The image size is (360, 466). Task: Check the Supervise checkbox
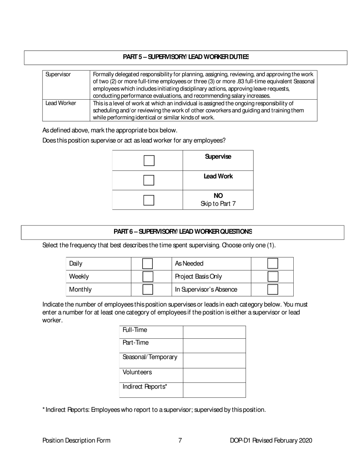pyautogui.click(x=149, y=161)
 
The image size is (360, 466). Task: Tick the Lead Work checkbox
pyautogui.click(x=149, y=180)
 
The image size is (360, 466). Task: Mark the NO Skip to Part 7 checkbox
pyautogui.click(x=149, y=200)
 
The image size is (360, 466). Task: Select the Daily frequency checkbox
pyautogui.click(x=147, y=264)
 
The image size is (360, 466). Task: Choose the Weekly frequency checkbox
pyautogui.click(x=147, y=277)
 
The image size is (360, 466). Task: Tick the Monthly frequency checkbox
pyautogui.click(x=147, y=289)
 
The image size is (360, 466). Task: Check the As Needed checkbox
pyautogui.click(x=272, y=264)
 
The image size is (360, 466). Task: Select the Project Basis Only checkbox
pyautogui.click(x=272, y=277)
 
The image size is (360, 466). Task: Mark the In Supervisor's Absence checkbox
pyautogui.click(x=272, y=289)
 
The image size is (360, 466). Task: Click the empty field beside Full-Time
pyautogui.click(x=214, y=332)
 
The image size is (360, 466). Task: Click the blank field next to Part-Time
pyautogui.click(x=214, y=346)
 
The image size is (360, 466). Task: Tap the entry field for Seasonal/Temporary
pyautogui.click(x=214, y=360)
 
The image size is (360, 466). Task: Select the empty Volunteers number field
pyautogui.click(x=214, y=375)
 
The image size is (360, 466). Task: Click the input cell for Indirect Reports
pyautogui.click(x=214, y=390)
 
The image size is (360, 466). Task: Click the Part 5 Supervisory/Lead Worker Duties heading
pyautogui.click(x=186, y=57)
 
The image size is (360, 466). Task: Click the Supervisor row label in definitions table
pyautogui.click(x=58, y=75)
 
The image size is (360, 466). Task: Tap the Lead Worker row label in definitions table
pyautogui.click(x=61, y=103)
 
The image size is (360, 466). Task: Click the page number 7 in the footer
pyautogui.click(x=180, y=440)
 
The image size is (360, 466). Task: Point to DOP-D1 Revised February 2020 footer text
pyautogui.click(x=271, y=440)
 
